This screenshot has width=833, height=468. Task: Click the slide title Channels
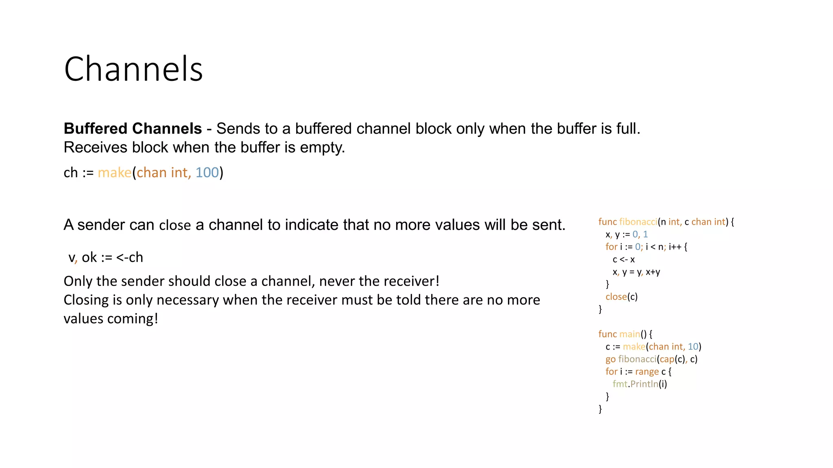point(133,69)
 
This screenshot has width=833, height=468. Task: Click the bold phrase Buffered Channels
point(133,129)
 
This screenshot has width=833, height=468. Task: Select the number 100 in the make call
point(207,173)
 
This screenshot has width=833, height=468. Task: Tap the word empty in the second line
point(322,147)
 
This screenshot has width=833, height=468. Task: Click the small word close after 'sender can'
point(175,225)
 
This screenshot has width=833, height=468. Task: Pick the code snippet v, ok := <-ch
point(106,258)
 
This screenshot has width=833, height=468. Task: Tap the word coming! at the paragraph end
point(133,318)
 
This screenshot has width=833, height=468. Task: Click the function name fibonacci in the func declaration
point(638,222)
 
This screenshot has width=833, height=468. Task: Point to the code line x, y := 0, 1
point(626,234)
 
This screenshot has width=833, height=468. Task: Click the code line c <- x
point(624,260)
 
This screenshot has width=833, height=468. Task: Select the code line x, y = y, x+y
point(636,272)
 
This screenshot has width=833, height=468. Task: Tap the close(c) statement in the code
point(621,297)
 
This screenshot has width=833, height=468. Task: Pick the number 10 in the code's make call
point(693,347)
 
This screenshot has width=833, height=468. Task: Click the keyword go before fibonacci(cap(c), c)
point(610,360)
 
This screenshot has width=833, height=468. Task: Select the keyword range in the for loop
point(647,372)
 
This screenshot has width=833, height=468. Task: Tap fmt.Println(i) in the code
point(640,384)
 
